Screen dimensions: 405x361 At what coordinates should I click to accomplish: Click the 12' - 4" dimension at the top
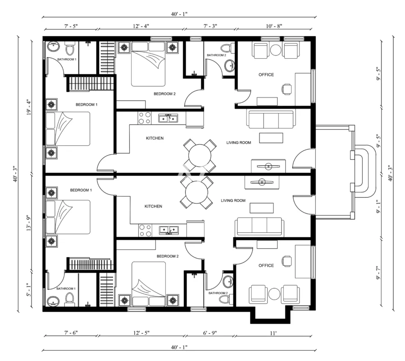pos(141,26)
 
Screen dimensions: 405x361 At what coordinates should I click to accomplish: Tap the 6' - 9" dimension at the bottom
pos(210,333)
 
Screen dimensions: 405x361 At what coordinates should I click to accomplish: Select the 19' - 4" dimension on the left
pos(29,107)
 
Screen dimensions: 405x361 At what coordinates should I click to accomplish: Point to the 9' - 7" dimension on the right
pos(378,273)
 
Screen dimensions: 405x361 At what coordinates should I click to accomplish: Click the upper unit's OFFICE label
pos(266,75)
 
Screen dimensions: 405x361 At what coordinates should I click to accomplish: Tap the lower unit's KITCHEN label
pos(153,206)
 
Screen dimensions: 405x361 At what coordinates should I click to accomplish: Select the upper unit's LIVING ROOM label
pos(239,143)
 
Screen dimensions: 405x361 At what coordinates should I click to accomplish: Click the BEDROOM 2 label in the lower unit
pos(168,256)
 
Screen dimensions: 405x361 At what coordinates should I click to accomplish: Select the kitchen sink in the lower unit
pos(169,230)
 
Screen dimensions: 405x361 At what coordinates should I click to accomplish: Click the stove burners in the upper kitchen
pos(144,118)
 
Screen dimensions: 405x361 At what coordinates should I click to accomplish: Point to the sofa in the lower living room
pos(259,227)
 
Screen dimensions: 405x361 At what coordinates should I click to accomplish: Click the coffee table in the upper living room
pos(271,138)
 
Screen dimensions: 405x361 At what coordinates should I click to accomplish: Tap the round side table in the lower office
pos(274,294)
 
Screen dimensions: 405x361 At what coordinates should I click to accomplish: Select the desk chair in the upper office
pos(287,89)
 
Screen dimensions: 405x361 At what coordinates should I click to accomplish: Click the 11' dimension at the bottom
pos(273,333)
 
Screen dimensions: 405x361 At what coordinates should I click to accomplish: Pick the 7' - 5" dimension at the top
pos(71,26)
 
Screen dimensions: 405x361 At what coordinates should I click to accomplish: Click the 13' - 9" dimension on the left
pos(29,223)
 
